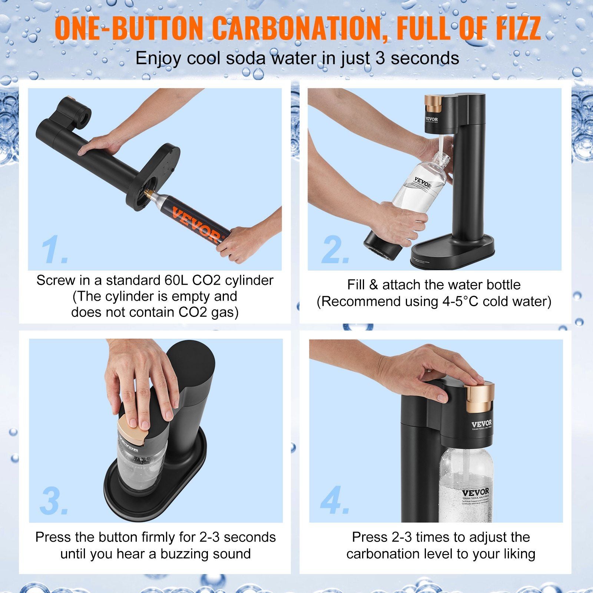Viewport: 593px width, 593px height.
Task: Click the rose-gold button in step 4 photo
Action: click(x=478, y=398)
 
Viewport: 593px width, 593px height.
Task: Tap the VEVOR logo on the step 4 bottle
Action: click(x=476, y=493)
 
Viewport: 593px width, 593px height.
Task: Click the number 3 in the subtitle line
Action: click(x=380, y=59)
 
